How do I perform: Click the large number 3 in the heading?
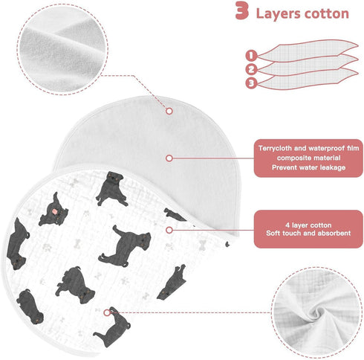pos(242,10)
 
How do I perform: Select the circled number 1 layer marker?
pos(251,55)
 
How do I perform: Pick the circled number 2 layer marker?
pos(251,69)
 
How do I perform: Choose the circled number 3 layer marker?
pos(251,83)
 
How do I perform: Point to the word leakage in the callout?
pos(333,167)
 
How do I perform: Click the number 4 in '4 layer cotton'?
pos(287,225)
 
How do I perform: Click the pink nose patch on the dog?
pos(55,211)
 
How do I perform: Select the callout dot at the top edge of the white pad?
pos(169,111)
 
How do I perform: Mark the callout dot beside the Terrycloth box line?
pos(169,158)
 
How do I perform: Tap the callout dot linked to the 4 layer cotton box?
pos(169,230)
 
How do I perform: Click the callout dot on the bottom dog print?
pos(107,312)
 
